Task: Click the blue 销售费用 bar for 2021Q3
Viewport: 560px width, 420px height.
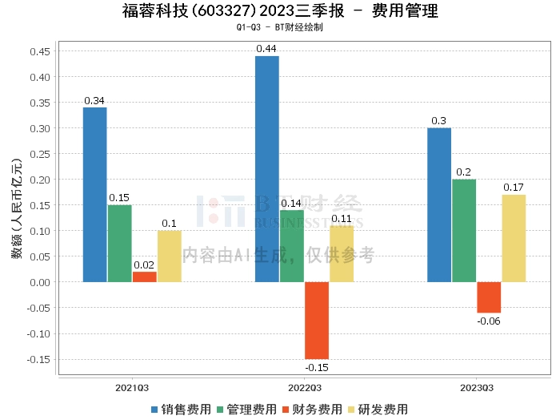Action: point(94,195)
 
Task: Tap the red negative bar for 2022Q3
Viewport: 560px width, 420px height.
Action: point(316,320)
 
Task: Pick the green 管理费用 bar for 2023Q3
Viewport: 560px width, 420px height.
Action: point(464,231)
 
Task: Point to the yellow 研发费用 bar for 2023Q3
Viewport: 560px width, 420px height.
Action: point(514,238)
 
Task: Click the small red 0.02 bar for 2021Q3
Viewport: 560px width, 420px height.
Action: point(144,277)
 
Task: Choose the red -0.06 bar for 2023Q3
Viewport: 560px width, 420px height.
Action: point(489,297)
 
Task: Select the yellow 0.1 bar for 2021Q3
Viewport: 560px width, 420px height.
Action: point(169,256)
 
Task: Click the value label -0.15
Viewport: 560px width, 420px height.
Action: point(316,367)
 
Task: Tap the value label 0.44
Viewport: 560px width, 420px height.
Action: point(266,49)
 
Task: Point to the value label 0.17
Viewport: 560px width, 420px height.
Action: point(514,188)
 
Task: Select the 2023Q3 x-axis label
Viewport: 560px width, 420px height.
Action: point(476,387)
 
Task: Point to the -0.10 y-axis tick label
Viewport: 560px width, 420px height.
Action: point(37,333)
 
